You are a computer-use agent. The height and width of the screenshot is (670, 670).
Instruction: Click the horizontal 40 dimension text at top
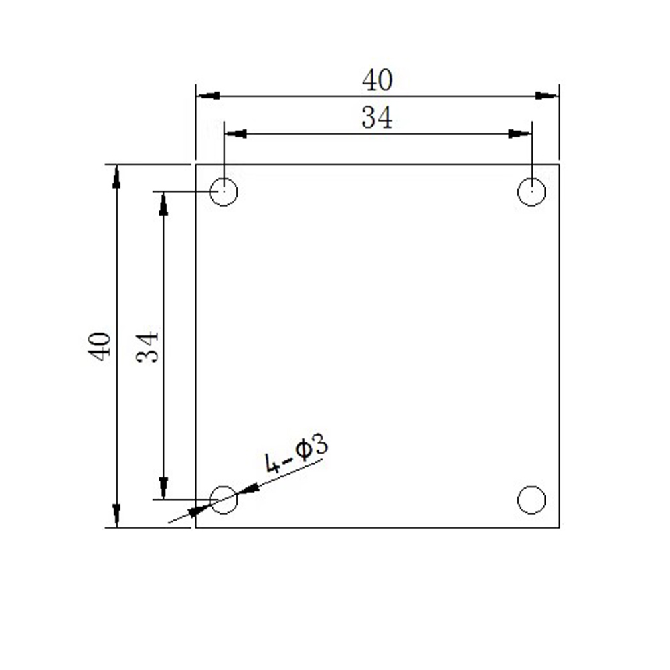pyautogui.click(x=377, y=80)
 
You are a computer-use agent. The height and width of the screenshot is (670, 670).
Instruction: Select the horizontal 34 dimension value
pyautogui.click(x=377, y=118)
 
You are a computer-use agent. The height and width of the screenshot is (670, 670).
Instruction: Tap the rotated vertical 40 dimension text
pyautogui.click(x=100, y=346)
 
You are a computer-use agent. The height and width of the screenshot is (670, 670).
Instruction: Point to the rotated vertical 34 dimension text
pyautogui.click(x=147, y=346)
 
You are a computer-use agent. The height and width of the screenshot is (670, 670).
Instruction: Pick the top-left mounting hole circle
pyautogui.click(x=224, y=192)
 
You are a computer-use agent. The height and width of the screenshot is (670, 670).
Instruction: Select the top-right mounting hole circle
pyautogui.click(x=531, y=192)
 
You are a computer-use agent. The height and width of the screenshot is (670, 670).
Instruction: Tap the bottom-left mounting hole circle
pyautogui.click(x=224, y=499)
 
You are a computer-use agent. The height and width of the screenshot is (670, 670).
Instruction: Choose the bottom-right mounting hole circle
pyautogui.click(x=531, y=500)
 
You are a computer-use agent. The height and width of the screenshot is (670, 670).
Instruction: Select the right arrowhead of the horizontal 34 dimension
pyautogui.click(x=520, y=134)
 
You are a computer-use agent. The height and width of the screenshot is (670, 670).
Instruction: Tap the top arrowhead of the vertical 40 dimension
pyautogui.click(x=116, y=176)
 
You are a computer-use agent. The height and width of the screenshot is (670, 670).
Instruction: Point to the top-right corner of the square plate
pyautogui.click(x=559, y=164)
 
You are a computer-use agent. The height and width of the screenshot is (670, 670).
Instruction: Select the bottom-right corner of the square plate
pyautogui.click(x=559, y=527)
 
